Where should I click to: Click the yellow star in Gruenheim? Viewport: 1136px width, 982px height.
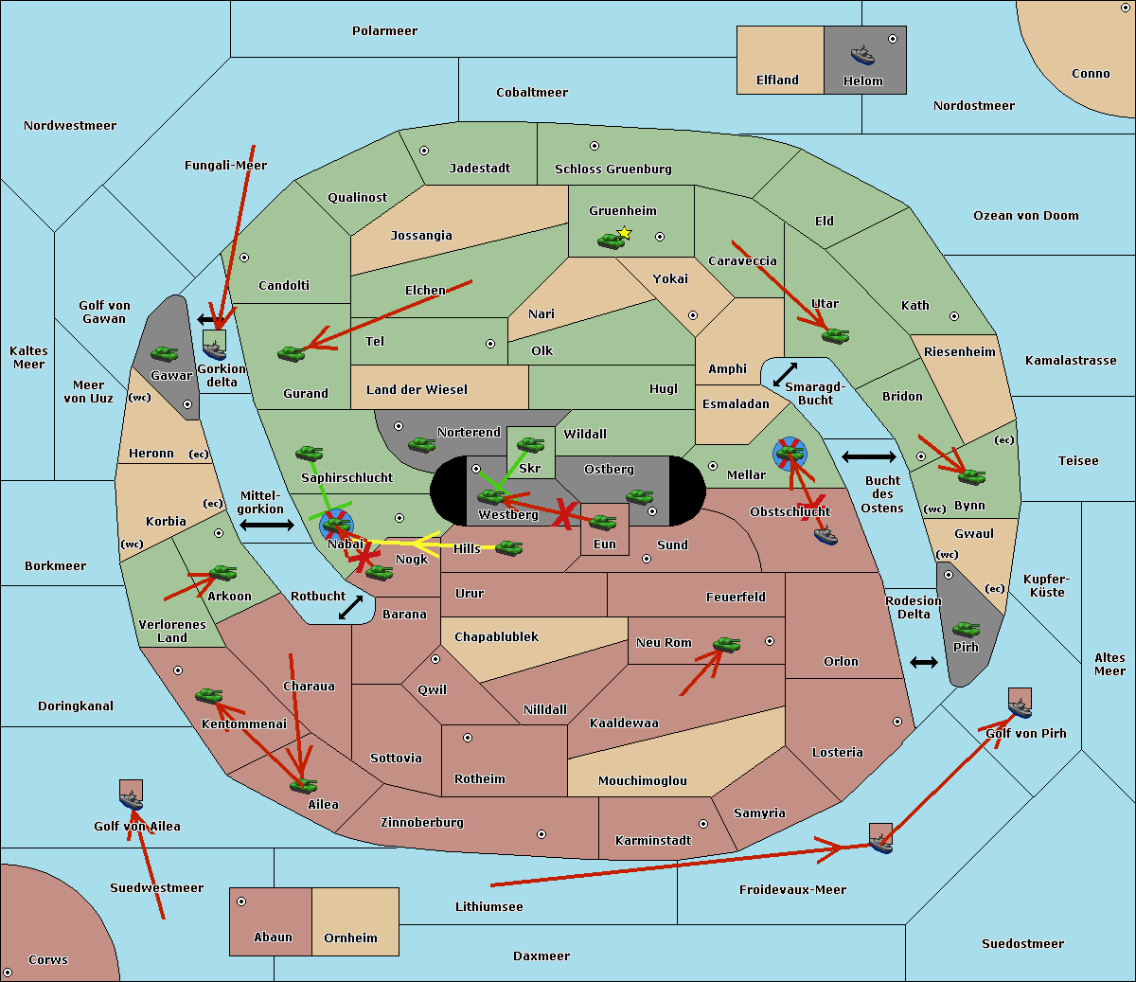(x=624, y=233)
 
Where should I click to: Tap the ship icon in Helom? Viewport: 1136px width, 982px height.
(x=861, y=55)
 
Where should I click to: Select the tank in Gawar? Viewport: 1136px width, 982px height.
(x=165, y=353)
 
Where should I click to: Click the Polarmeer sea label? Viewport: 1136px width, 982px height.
(x=384, y=31)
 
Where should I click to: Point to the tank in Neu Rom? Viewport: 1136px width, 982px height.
(x=726, y=645)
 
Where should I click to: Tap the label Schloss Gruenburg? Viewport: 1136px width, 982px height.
(x=612, y=170)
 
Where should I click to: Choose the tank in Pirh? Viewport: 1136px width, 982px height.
(x=966, y=629)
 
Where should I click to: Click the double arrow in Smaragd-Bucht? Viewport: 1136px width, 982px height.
(x=785, y=375)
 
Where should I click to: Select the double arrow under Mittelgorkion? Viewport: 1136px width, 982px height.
(x=267, y=525)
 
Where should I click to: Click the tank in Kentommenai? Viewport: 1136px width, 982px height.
(x=208, y=696)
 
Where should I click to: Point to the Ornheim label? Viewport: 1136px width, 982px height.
(x=350, y=938)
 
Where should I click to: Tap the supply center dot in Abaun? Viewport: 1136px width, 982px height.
(x=241, y=902)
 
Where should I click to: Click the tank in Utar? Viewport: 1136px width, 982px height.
(x=835, y=334)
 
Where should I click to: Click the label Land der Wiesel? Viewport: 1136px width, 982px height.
(x=417, y=390)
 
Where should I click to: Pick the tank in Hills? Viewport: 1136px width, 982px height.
(x=509, y=547)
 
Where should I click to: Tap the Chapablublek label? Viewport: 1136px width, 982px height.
(x=496, y=637)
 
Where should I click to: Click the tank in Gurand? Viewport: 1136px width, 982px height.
(x=291, y=353)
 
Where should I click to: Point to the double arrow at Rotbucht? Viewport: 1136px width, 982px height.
(x=350, y=607)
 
